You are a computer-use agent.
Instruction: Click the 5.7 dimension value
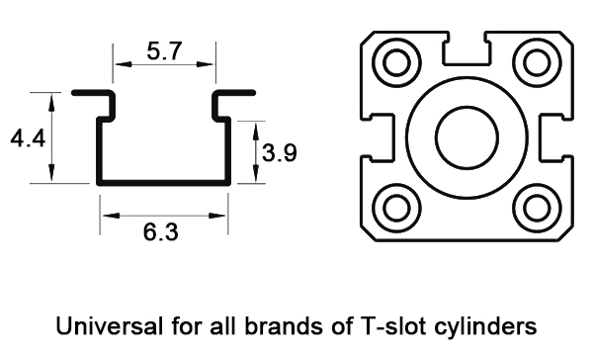coord(165,51)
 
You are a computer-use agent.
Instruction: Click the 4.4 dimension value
coord(27,139)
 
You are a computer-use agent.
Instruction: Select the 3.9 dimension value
coord(280,151)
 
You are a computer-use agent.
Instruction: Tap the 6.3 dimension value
coord(161,232)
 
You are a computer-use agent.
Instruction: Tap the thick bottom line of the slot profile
coord(163,182)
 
